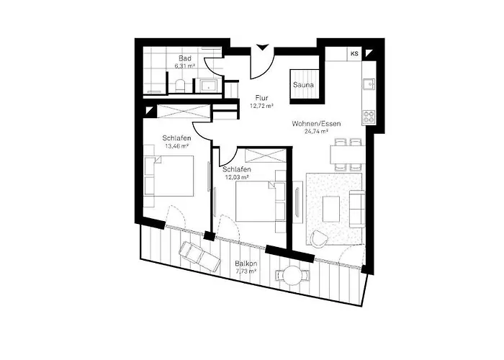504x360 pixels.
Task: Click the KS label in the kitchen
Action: coord(354,53)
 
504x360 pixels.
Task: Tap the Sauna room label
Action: coord(302,85)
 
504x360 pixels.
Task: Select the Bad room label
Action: coord(185,58)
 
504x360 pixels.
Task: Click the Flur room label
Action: coord(261,96)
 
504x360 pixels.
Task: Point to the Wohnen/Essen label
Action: coord(316,123)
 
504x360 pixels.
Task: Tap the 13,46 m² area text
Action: coord(176,145)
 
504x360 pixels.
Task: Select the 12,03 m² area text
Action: coord(236,177)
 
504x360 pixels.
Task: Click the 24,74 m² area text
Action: coord(316,132)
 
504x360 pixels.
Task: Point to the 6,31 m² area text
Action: coord(185,66)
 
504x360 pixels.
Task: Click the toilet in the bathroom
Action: coord(180,86)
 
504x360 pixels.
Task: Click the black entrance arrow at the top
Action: coord(263,48)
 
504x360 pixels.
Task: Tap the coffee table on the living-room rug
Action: coord(332,208)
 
